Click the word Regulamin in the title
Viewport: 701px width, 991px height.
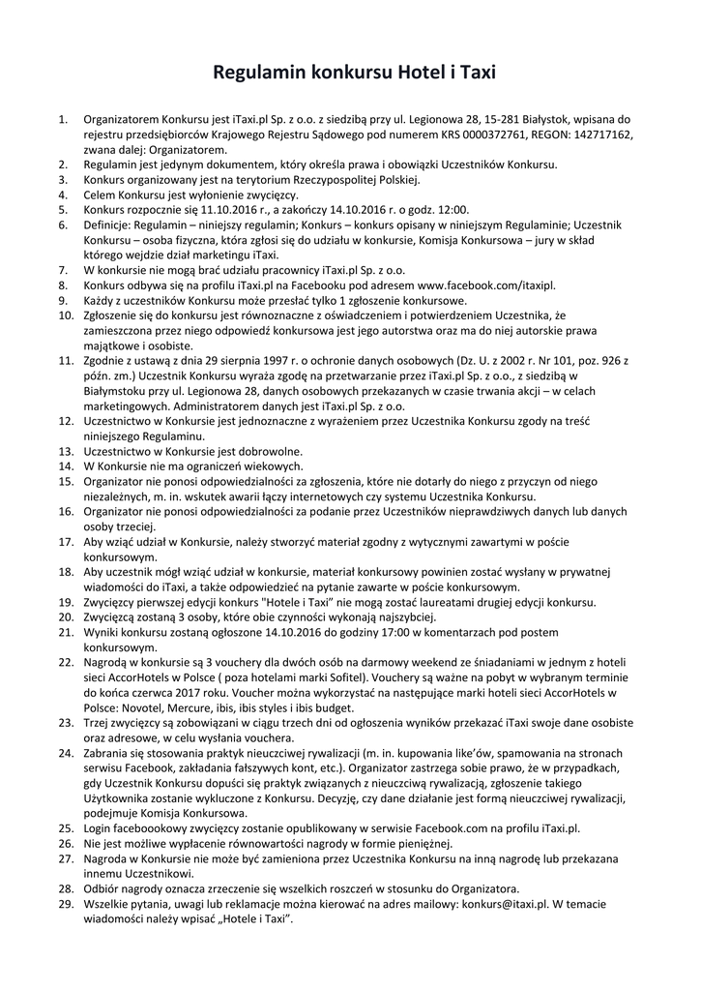pos(264,73)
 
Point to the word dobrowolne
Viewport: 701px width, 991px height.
pos(272,450)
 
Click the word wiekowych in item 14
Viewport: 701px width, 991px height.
pos(268,465)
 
